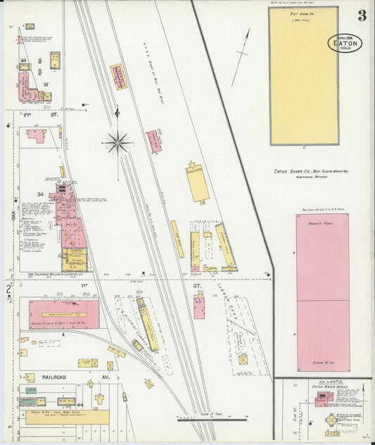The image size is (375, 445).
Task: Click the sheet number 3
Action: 362,15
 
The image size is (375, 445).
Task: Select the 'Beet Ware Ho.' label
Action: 303,15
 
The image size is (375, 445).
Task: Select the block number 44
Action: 80,405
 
